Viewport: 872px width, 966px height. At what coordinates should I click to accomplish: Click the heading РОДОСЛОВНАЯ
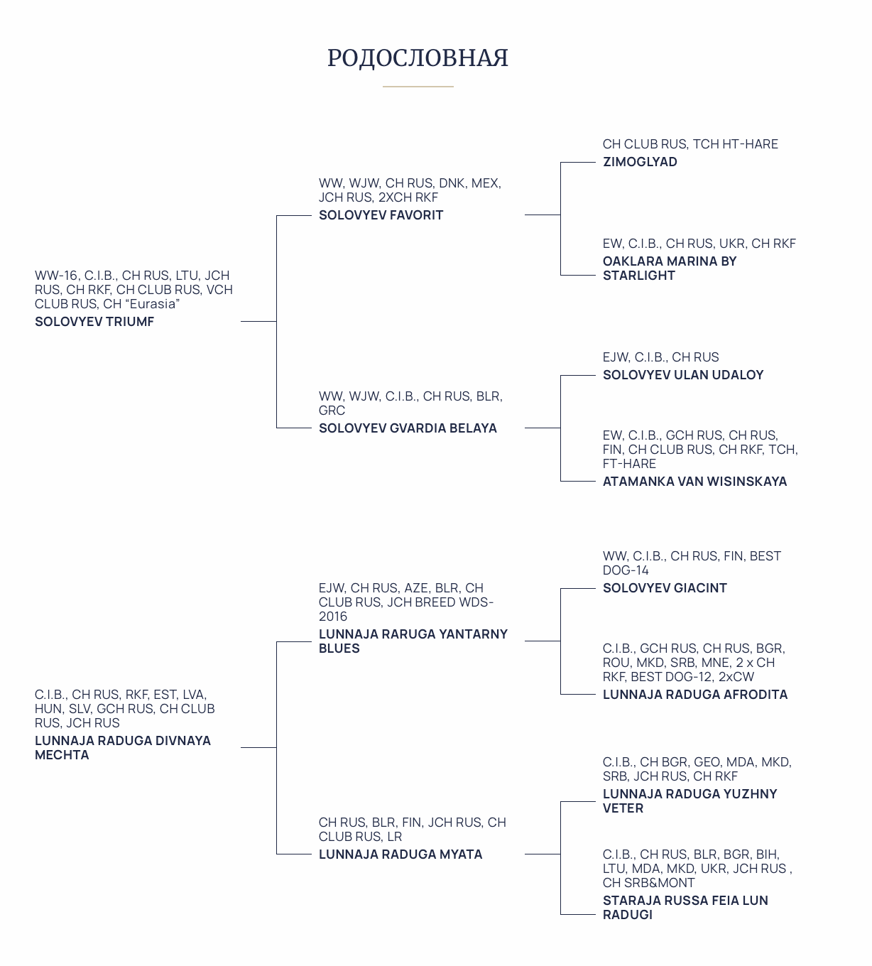click(x=418, y=58)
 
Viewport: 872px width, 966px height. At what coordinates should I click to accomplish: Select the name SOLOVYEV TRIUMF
click(x=94, y=322)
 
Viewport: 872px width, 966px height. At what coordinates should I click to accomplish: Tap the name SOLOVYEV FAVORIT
click(x=381, y=215)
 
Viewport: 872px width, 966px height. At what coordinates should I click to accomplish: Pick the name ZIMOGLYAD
click(x=640, y=162)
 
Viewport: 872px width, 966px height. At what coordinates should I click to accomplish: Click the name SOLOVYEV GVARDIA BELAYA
click(x=408, y=428)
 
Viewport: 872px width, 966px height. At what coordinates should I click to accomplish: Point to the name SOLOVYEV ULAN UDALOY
click(x=683, y=374)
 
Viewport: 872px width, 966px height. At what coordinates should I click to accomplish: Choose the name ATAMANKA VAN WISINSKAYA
click(x=694, y=482)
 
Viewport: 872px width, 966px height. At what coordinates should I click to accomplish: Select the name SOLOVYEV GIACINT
click(x=665, y=588)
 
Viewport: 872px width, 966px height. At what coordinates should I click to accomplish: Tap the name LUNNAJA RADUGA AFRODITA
click(x=695, y=695)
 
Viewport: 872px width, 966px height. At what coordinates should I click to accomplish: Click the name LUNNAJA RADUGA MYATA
click(x=400, y=854)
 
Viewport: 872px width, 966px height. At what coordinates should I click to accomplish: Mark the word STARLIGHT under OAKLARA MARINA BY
click(x=639, y=276)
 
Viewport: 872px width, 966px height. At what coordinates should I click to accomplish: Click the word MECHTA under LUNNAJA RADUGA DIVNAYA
click(x=62, y=755)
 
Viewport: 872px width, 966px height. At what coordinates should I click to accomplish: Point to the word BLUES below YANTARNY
click(x=339, y=648)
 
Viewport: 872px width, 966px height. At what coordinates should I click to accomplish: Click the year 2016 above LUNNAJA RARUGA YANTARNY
click(x=333, y=617)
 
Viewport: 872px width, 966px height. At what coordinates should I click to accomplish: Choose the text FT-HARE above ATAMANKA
click(x=629, y=464)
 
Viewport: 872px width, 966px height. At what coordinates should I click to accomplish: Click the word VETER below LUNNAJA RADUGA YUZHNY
click(x=623, y=808)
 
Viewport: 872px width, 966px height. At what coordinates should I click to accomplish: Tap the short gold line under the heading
click(x=418, y=87)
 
